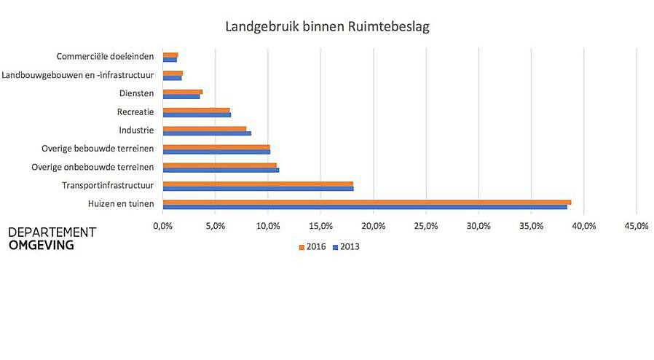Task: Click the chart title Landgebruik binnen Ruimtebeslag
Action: coord(327,28)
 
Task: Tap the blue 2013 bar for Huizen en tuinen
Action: coord(364,207)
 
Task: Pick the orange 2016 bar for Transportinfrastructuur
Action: coord(258,184)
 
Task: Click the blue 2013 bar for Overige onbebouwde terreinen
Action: coord(221,170)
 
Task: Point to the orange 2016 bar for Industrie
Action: coord(205,128)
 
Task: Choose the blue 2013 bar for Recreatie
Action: coord(197,114)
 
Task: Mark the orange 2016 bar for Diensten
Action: coord(182,92)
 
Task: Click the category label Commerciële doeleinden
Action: coord(106,56)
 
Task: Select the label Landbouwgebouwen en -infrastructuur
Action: coord(78,74)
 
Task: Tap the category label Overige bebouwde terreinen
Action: coord(98,149)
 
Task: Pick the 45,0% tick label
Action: coord(637,226)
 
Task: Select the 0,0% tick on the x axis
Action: coord(163,226)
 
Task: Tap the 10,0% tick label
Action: coord(268,226)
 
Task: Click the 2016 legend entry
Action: coord(312,246)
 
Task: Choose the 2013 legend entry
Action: coord(345,246)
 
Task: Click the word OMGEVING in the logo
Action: coord(42,246)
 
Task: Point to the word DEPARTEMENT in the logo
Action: coord(52,232)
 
